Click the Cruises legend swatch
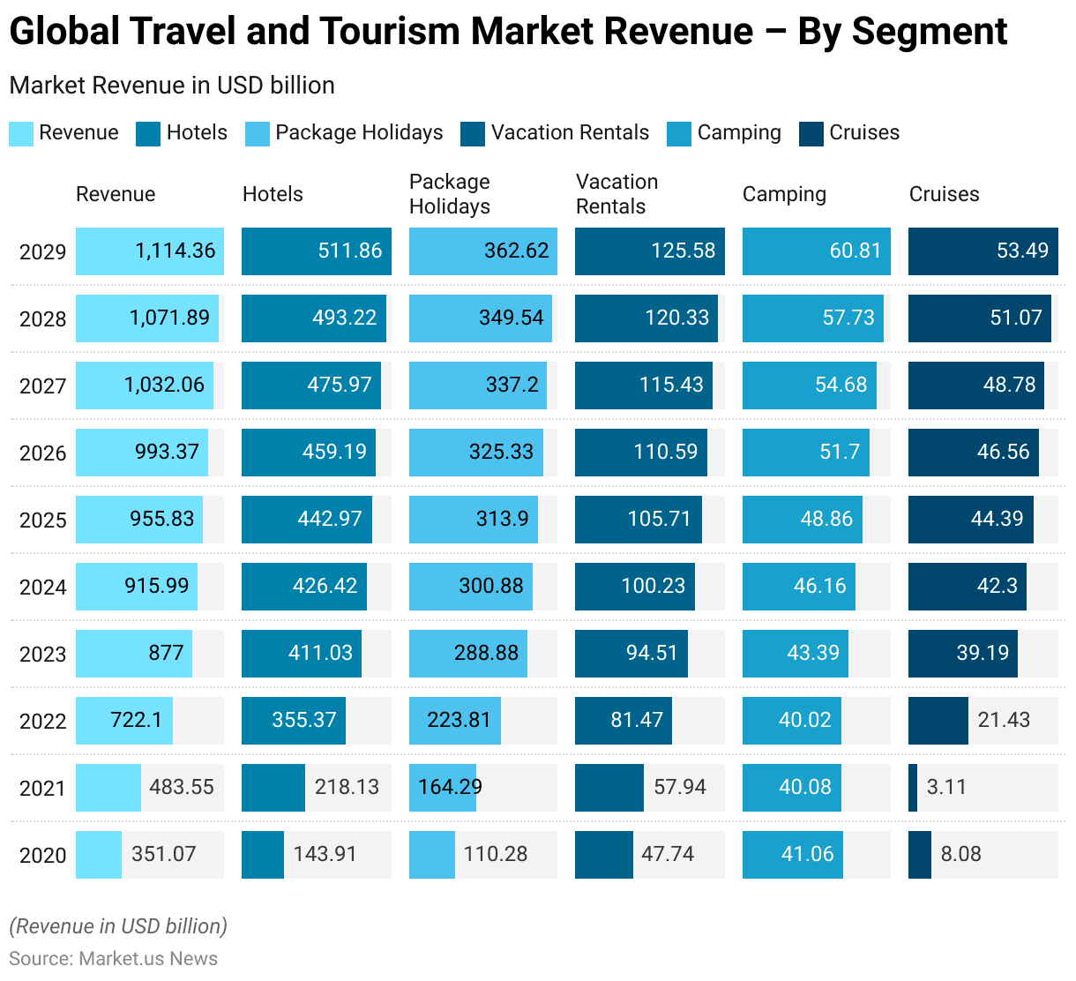[811, 134]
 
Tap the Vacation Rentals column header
[616, 194]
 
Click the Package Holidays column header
[450, 194]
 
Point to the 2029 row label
[42, 252]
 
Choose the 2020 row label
[42, 856]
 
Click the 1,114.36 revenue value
[175, 251]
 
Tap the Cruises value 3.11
[946, 787]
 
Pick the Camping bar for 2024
[798, 587]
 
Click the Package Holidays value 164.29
[450, 787]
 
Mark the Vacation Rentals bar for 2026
[640, 453]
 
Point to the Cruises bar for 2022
[938, 721]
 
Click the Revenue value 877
[166, 653]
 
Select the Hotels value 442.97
[330, 519]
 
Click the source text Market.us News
[147, 959]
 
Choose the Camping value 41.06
[806, 854]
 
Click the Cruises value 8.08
[960, 854]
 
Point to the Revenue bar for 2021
[108, 788]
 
